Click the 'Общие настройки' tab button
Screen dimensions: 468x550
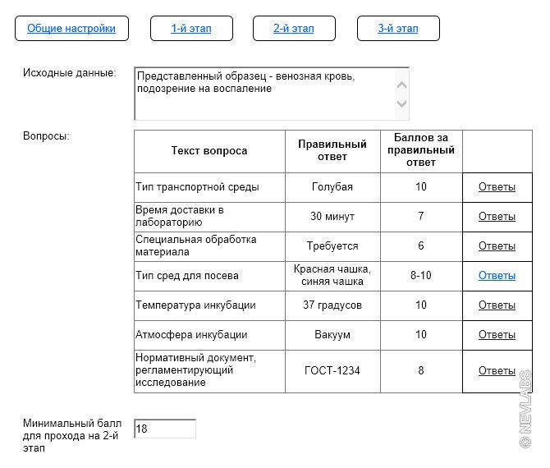[71, 29]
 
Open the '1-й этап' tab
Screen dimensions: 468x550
[191, 29]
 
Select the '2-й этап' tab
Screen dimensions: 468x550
[294, 29]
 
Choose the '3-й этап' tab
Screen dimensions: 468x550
[398, 29]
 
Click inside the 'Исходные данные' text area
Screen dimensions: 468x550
[263, 94]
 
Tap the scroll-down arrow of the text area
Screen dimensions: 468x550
[401, 103]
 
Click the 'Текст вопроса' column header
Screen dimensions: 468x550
[209, 151]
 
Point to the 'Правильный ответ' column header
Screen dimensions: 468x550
[332, 151]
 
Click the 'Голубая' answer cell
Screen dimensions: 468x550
[332, 187]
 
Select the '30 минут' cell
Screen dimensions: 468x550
[332, 217]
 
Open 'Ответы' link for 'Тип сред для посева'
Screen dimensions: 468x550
[497, 276]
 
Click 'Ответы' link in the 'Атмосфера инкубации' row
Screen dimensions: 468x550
[497, 335]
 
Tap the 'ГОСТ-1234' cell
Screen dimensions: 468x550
[332, 371]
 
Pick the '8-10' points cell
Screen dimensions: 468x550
[421, 276]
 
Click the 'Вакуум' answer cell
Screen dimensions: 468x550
[332, 335]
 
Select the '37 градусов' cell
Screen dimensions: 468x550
[332, 305]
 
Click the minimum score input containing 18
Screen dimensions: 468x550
[165, 429]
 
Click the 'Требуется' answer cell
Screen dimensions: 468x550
[332, 246]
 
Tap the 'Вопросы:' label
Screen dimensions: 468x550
[46, 136]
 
